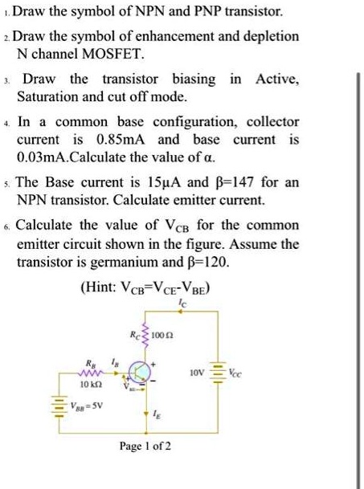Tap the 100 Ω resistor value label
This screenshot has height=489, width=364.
(x=168, y=332)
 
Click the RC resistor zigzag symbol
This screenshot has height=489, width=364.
(x=146, y=334)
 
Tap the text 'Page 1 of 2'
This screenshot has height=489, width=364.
(x=144, y=446)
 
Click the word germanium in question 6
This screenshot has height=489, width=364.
(x=133, y=262)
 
